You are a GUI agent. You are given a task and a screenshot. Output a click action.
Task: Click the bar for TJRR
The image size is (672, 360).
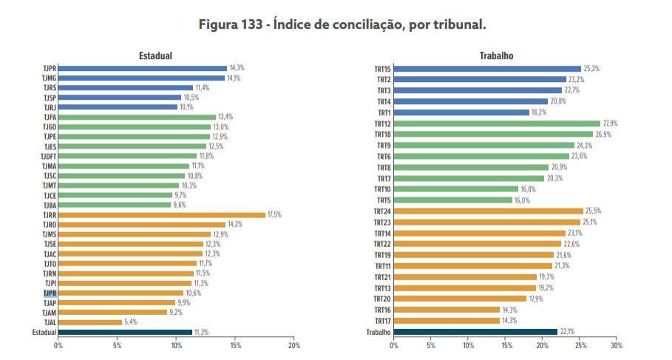tap(161, 215)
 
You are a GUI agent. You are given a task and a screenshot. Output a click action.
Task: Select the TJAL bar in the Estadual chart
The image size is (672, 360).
tap(89, 322)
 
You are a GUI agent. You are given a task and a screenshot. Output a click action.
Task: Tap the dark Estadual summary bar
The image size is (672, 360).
tap(125, 333)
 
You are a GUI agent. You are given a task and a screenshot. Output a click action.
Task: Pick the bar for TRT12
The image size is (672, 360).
tap(497, 123)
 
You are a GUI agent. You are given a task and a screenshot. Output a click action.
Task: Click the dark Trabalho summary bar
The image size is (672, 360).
tap(475, 333)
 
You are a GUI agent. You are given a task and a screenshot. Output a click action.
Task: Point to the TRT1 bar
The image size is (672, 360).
tap(461, 112)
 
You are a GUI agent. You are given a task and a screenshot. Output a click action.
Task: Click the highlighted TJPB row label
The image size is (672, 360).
tap(50, 293)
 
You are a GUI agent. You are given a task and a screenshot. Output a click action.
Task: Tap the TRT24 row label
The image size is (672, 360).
tap(382, 211)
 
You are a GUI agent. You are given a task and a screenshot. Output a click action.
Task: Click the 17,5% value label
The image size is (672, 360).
tap(274, 215)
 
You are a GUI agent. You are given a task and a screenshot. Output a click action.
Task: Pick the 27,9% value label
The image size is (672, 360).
tap(611, 123)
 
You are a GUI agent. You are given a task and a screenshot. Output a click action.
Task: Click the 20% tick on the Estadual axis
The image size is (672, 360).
tap(294, 345)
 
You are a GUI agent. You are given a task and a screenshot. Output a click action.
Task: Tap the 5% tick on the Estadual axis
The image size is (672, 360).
tap(117, 345)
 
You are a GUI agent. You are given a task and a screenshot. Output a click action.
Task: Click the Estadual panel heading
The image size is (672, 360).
tap(155, 56)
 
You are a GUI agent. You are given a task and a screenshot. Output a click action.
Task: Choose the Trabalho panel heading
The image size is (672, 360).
tap(496, 56)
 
